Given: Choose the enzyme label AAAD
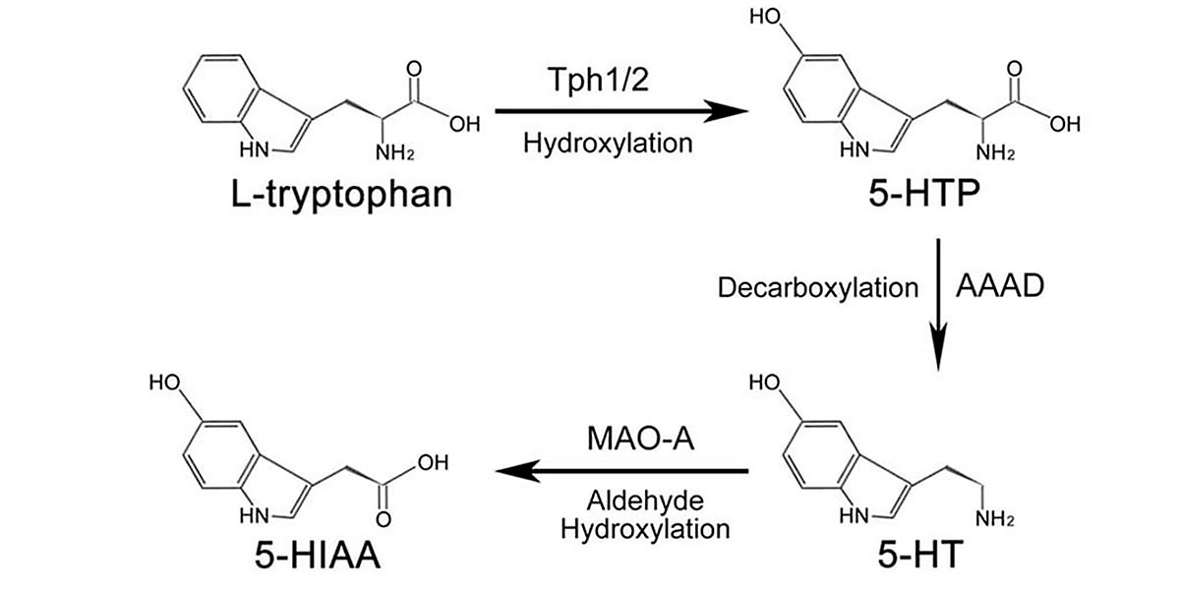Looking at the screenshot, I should [1000, 288].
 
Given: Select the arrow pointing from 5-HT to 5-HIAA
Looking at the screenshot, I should [621, 472].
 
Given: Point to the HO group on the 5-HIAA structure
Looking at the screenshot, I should [164, 383].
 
